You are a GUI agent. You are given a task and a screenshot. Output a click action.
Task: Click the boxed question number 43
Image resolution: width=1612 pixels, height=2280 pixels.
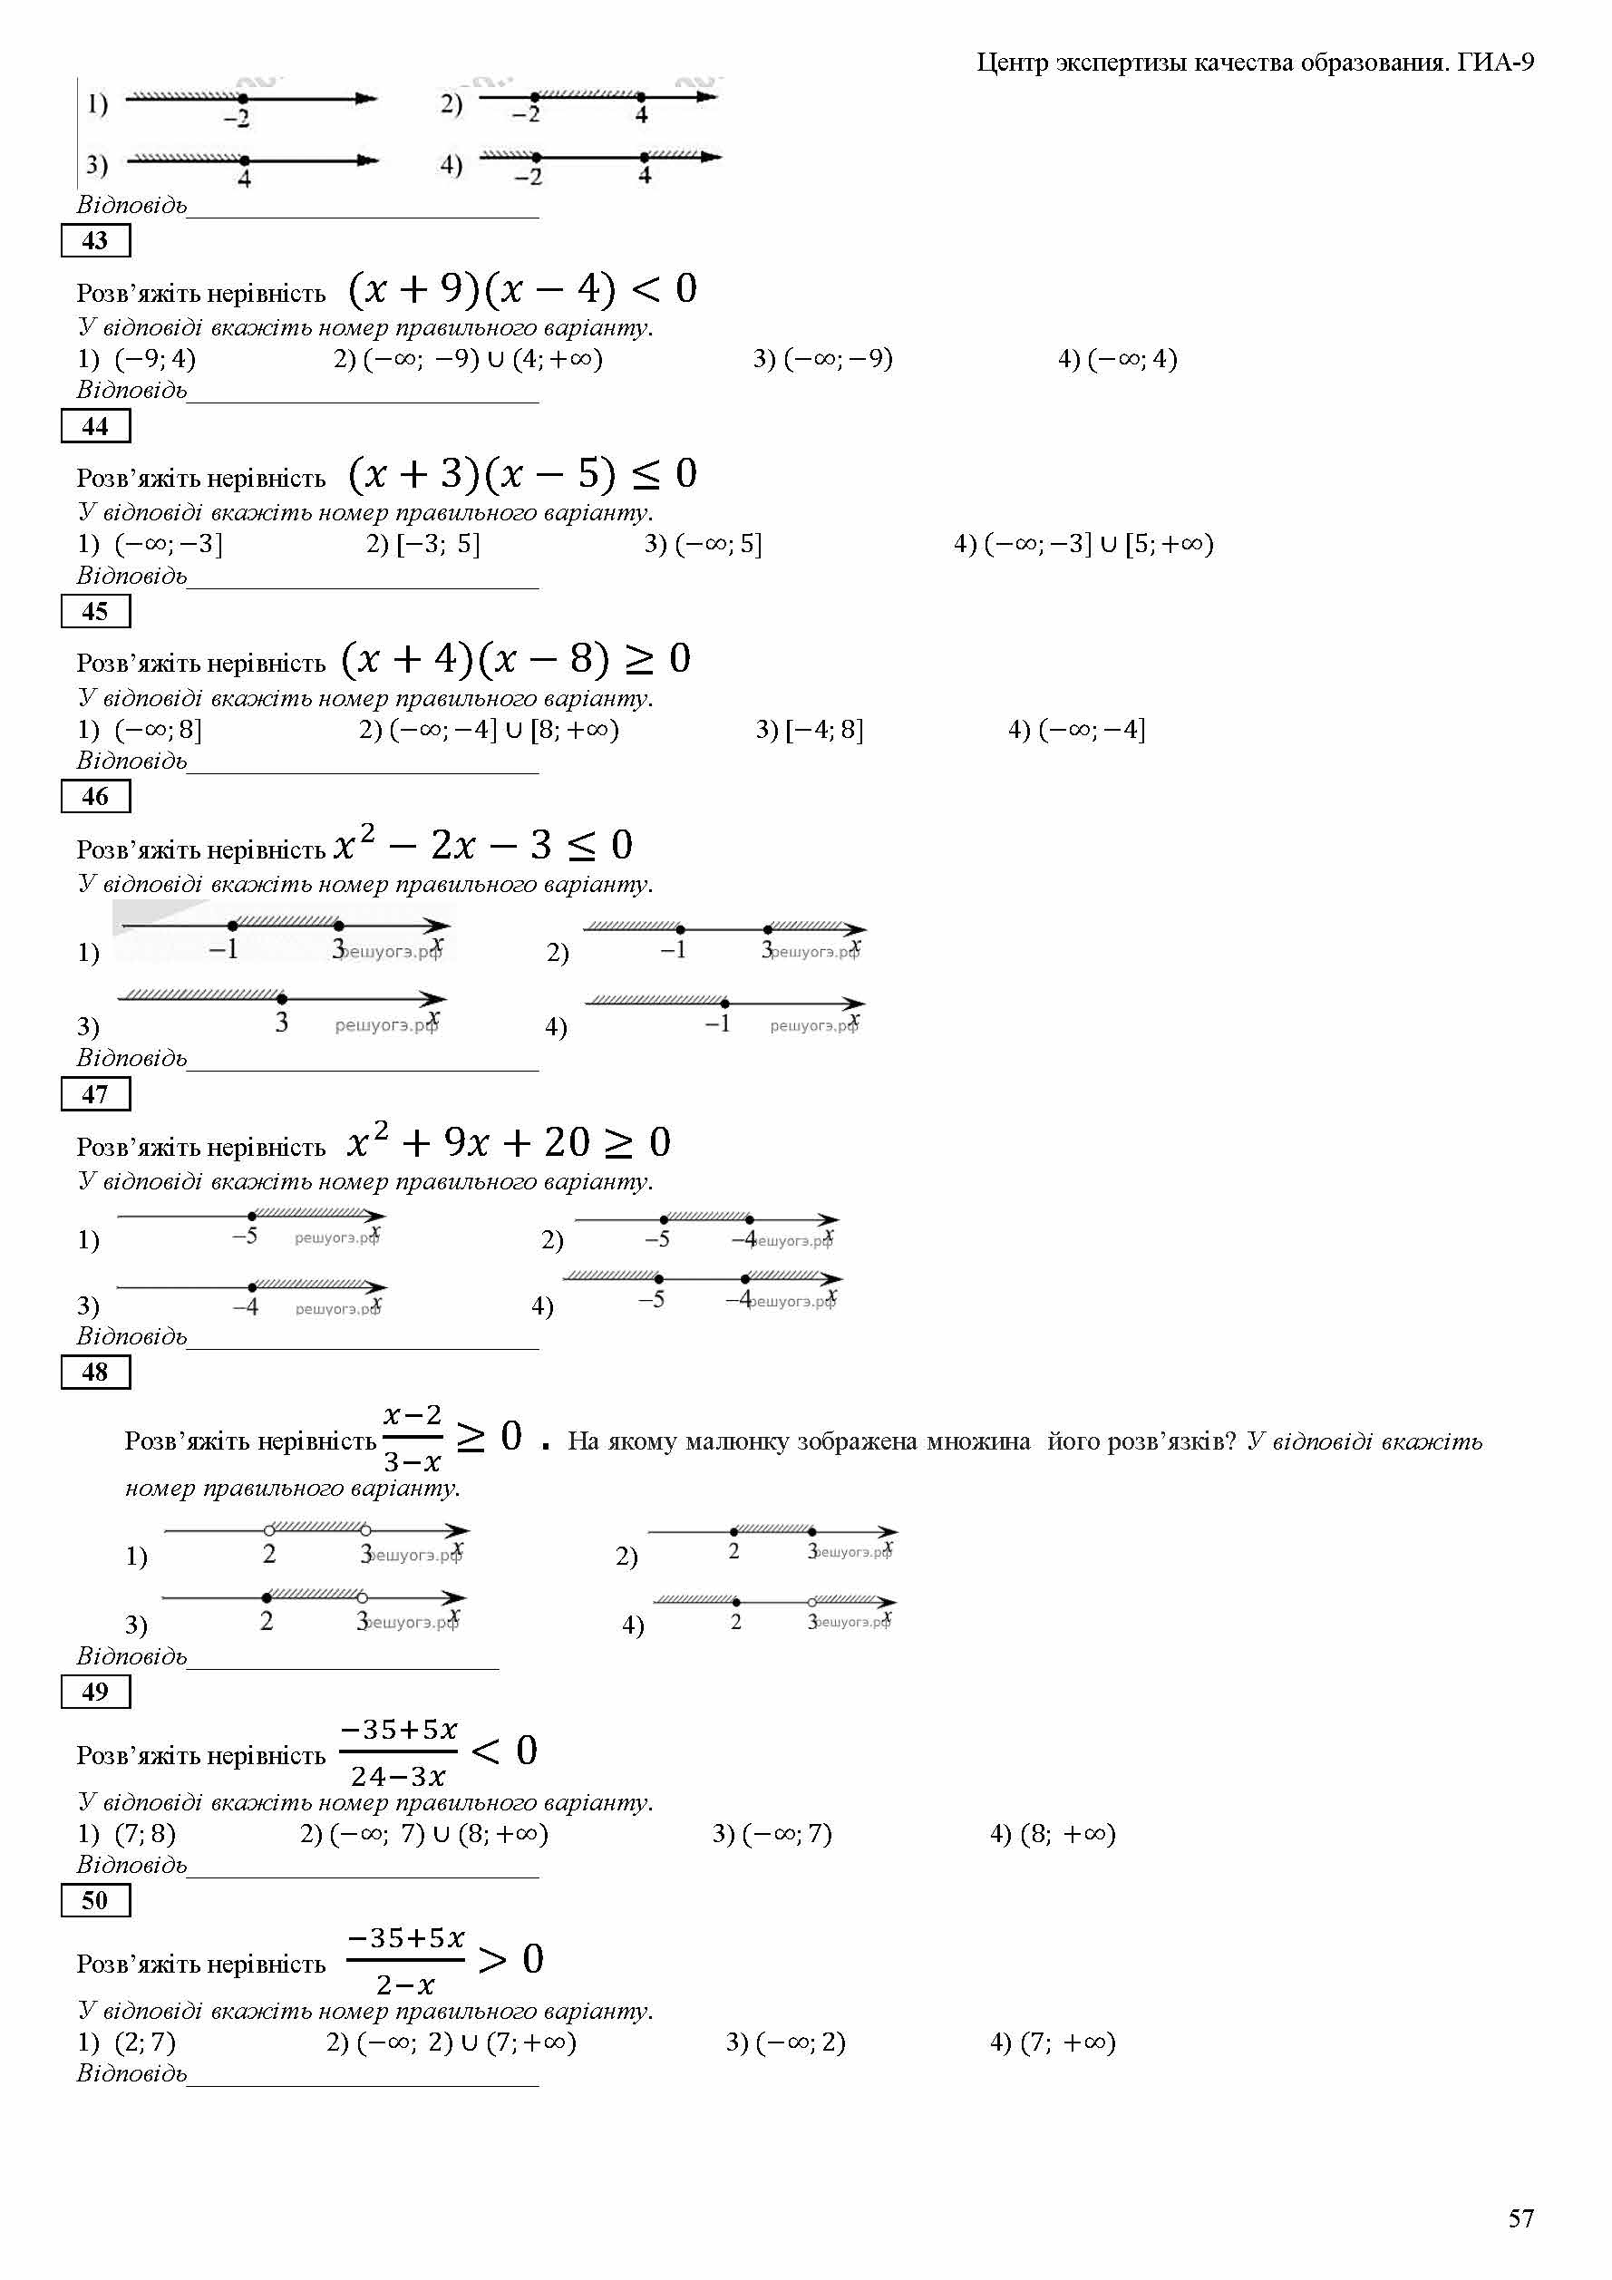(95, 240)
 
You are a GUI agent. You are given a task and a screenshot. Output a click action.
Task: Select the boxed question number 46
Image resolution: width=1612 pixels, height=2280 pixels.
(95, 796)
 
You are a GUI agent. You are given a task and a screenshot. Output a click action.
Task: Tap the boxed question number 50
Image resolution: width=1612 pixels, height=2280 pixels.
(95, 1901)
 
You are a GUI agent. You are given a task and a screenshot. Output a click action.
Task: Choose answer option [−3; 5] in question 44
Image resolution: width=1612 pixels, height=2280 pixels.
(437, 544)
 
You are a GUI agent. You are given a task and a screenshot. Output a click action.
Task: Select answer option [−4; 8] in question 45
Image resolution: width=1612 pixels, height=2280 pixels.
(823, 730)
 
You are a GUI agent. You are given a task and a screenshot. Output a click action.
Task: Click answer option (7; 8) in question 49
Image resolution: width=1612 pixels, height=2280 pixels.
(145, 1834)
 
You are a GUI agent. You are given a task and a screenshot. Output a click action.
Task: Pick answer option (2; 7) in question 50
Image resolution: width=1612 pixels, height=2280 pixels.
(145, 2042)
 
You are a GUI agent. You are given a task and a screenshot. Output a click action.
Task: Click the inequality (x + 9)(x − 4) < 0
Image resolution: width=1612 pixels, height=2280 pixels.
(522, 289)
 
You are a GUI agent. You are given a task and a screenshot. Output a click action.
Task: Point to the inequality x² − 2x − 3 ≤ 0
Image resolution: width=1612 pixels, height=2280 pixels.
(482, 845)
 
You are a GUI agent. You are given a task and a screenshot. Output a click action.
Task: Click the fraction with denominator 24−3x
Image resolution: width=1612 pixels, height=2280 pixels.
(398, 1753)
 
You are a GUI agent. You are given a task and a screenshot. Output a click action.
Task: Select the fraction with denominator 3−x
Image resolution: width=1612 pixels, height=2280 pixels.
(413, 1439)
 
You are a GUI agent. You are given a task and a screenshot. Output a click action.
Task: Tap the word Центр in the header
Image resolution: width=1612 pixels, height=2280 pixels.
(1012, 63)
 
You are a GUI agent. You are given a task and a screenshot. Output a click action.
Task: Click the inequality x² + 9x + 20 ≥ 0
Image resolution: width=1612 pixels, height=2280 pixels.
(509, 1143)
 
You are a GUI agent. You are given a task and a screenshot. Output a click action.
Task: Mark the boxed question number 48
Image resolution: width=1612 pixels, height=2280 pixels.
(95, 1373)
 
